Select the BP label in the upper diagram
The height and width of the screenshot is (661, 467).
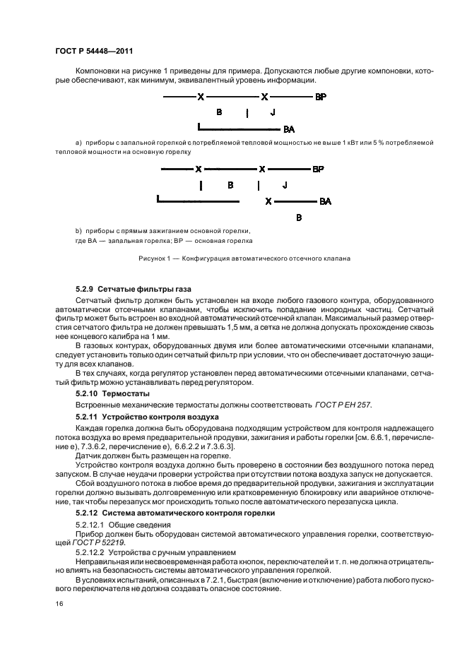pyautogui.click(x=320, y=96)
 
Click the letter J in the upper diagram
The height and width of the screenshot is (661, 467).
pyautogui.click(x=273, y=112)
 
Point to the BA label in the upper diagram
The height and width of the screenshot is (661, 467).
pyautogui.click(x=288, y=130)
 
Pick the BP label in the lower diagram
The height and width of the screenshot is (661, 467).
pyautogui.click(x=318, y=169)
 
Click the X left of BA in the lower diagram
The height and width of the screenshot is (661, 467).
pyautogui.click(x=268, y=201)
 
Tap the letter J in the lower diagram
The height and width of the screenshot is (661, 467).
pyautogui.click(x=284, y=185)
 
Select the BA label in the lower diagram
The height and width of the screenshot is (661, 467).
pyautogui.click(x=325, y=201)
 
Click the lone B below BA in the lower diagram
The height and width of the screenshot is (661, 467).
pyautogui.click(x=299, y=218)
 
